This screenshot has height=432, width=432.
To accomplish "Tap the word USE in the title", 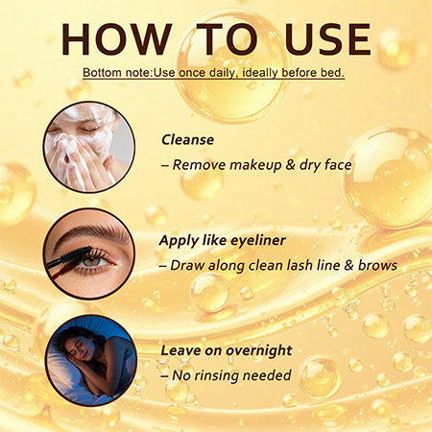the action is (x=327, y=39).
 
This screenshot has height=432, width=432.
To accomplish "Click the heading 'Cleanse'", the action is (x=187, y=140).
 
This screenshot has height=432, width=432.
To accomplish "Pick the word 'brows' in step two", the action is (x=377, y=265).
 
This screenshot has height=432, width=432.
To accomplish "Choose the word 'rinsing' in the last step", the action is (x=217, y=375).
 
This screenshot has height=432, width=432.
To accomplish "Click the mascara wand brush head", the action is (x=76, y=254).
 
